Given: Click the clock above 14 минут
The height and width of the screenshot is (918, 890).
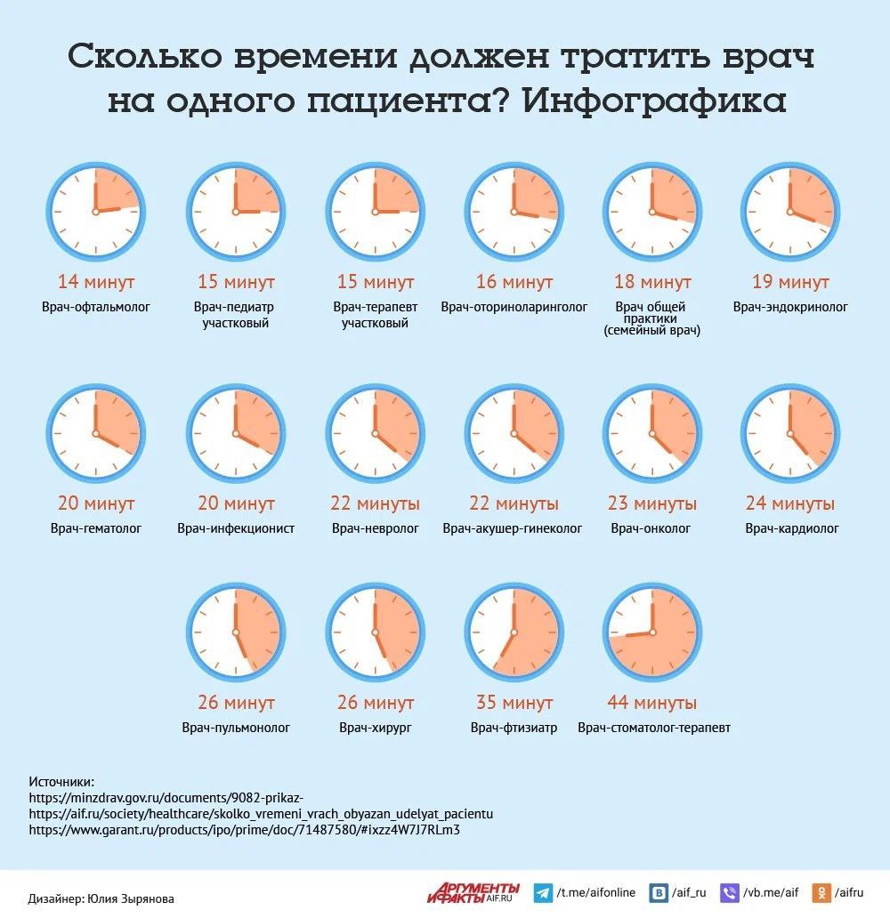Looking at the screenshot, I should (x=95, y=212).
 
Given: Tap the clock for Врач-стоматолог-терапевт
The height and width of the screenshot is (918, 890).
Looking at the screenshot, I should (x=652, y=632).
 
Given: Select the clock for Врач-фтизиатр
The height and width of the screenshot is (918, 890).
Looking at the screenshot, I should (x=514, y=632).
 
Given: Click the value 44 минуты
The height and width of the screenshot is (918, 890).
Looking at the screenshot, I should (x=652, y=703).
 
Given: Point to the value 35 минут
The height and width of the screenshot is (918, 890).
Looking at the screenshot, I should (x=514, y=703).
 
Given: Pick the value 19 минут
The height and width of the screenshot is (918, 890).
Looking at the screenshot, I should (x=790, y=283).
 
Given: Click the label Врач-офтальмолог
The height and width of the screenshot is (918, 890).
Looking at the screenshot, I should (x=95, y=307).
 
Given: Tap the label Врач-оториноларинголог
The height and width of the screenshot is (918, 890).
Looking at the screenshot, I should (x=514, y=307).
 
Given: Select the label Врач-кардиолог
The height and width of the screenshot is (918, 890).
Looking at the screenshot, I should (x=792, y=528).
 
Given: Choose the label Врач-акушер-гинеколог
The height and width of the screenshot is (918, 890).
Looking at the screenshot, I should (x=513, y=528).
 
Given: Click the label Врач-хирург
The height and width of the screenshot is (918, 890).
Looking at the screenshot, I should (x=375, y=728).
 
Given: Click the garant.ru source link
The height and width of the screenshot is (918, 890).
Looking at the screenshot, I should (x=244, y=829).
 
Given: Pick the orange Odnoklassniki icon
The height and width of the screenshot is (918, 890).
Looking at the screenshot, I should (x=823, y=892).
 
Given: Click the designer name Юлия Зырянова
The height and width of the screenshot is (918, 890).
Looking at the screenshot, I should (x=130, y=898).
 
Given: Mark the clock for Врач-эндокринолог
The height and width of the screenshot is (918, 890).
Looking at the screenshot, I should (x=790, y=212).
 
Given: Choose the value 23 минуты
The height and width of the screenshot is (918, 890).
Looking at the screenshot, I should (x=652, y=504).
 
